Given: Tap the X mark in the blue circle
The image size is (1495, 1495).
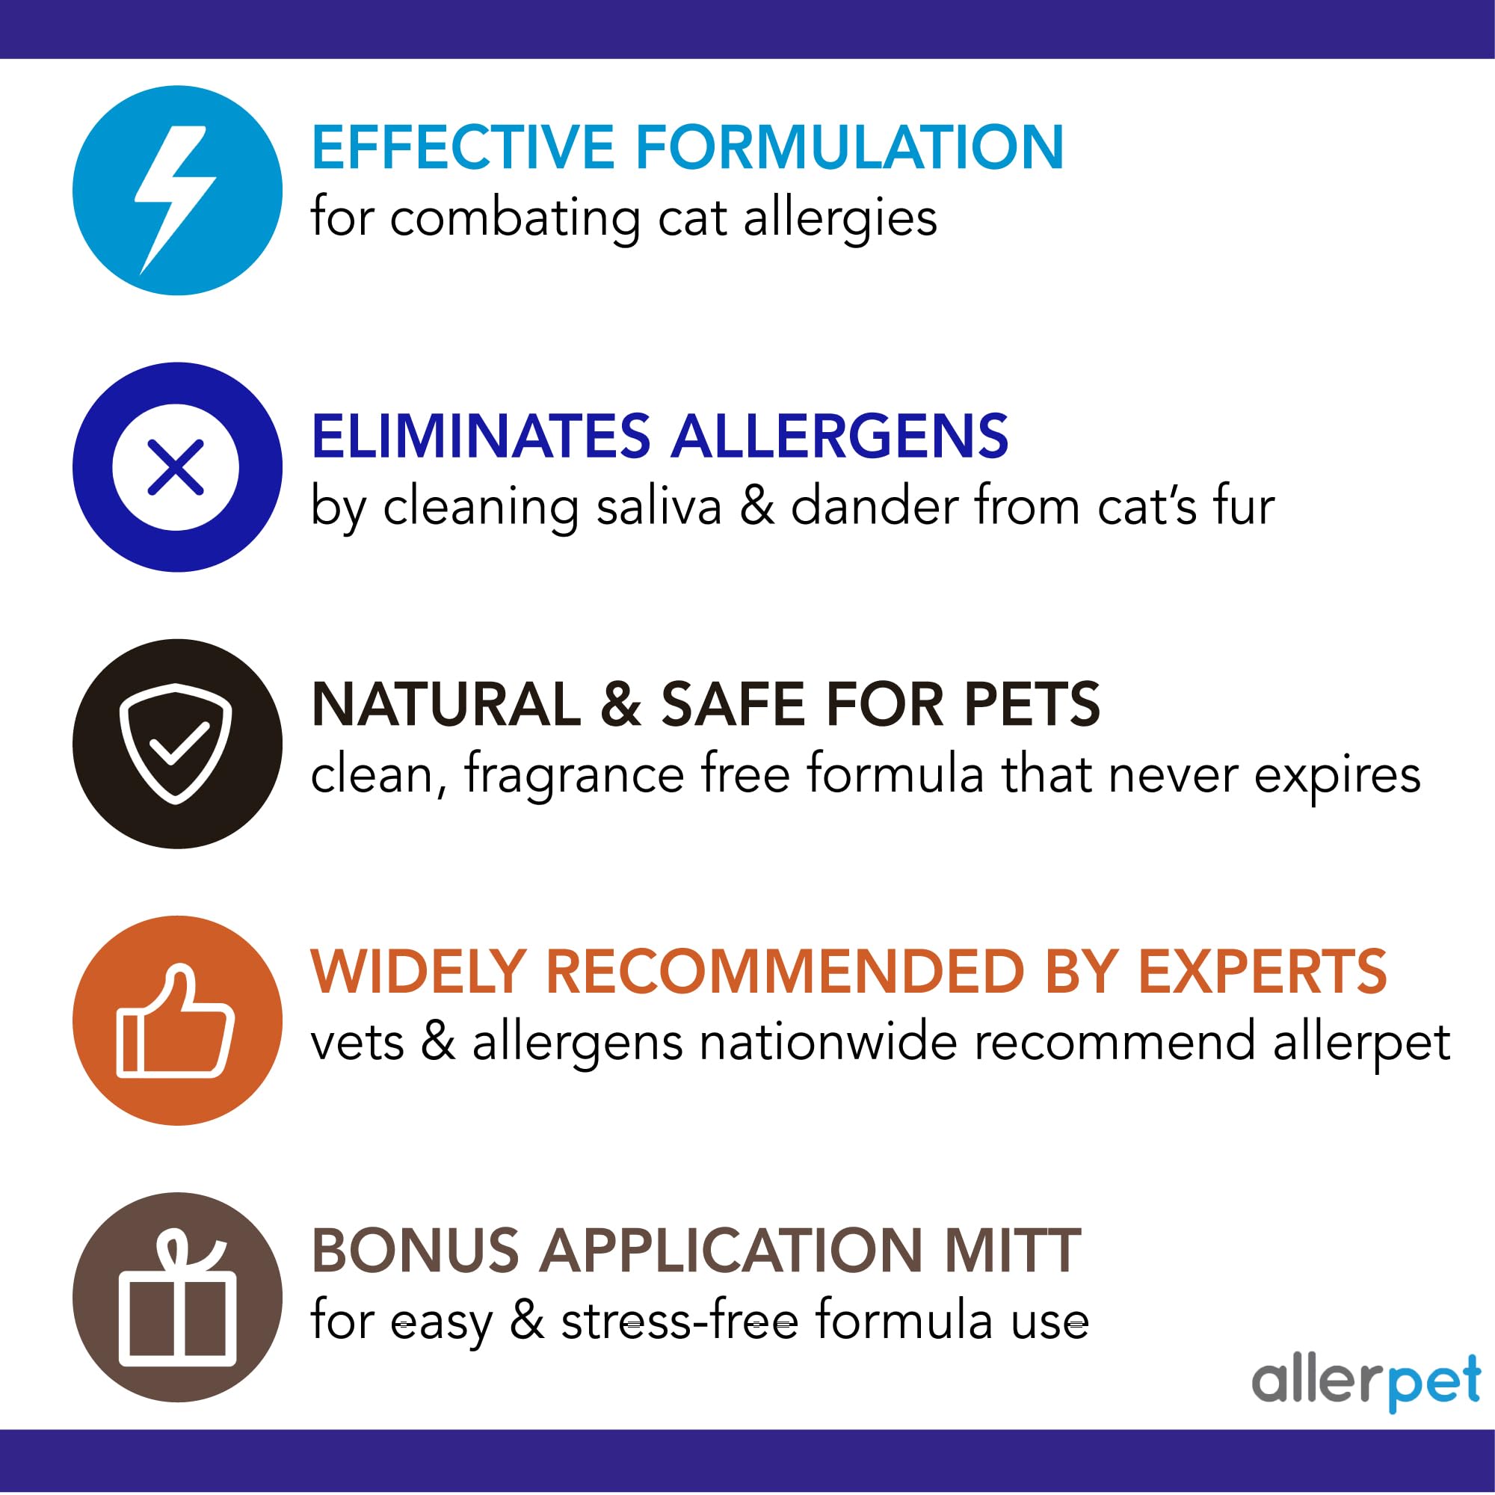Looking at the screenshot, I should pyautogui.click(x=176, y=467).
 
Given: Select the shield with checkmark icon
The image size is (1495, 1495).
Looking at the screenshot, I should pyautogui.click(x=176, y=743).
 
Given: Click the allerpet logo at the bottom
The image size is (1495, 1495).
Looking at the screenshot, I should pyautogui.click(x=1366, y=1383).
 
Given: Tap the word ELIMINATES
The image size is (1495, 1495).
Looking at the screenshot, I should pyautogui.click(x=481, y=437).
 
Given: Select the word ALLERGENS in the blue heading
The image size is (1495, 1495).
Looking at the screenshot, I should pyautogui.click(x=839, y=437).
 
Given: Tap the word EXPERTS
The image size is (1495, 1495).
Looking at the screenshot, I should pyautogui.click(x=1262, y=972).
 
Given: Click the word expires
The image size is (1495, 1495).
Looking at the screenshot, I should pyautogui.click(x=1337, y=775).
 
